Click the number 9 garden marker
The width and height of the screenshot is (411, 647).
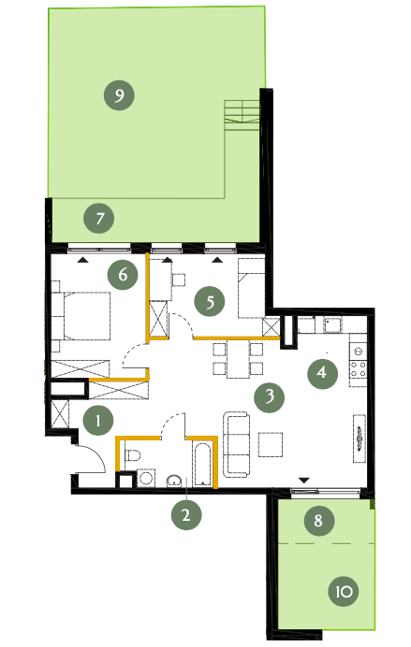click(119, 95)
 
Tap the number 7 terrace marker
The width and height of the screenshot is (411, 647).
click(99, 218)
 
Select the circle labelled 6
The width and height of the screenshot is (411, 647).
click(123, 274)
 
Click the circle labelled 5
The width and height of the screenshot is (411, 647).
click(210, 302)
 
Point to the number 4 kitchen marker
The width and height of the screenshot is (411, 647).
click(323, 373)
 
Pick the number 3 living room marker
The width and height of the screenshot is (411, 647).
click(270, 397)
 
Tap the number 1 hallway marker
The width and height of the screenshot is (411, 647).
click(98, 421)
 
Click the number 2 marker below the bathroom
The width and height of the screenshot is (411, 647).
click(186, 514)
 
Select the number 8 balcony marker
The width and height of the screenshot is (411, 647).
click(319, 521)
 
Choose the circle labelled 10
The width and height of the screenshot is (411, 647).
click(344, 591)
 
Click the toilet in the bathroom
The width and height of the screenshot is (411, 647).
click(132, 455)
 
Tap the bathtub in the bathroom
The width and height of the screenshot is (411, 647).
click(202, 464)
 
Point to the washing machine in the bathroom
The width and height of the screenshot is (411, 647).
click(146, 478)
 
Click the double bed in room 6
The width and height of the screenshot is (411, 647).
click(87, 316)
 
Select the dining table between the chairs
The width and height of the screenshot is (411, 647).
click(238, 358)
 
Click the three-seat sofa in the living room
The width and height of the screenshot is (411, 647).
click(237, 444)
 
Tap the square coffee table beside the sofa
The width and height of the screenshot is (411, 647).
click(271, 444)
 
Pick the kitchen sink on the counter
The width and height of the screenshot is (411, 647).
click(332, 325)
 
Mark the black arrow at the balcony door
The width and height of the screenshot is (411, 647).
click(304, 481)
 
